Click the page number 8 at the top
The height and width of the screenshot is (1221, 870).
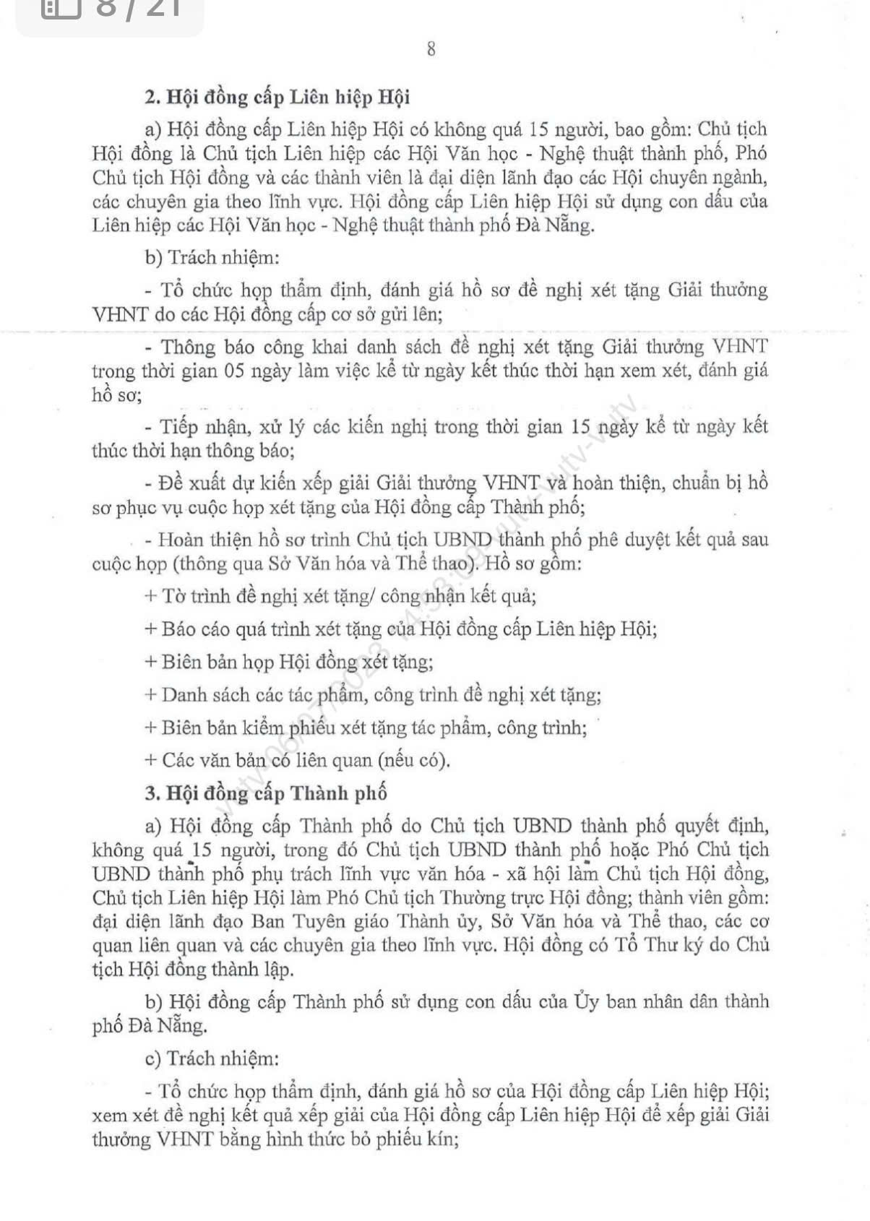(x=431, y=50)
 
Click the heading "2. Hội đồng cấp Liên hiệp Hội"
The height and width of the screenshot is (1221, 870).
(x=277, y=97)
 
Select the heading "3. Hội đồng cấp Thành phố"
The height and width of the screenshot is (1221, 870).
(x=266, y=793)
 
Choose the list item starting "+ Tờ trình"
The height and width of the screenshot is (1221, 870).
(x=340, y=597)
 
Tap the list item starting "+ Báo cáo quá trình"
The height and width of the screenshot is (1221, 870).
(x=401, y=629)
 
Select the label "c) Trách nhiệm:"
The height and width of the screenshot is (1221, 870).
(x=212, y=1058)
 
